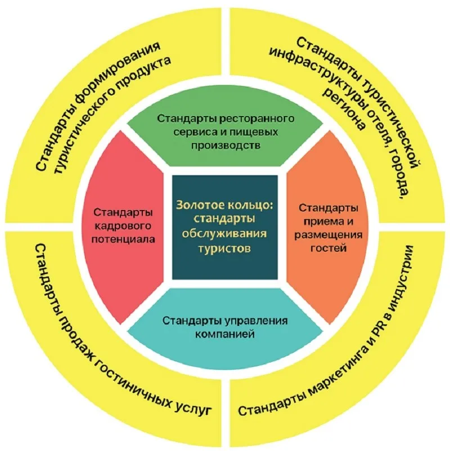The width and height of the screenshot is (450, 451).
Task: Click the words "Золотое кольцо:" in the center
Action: tap(224, 206)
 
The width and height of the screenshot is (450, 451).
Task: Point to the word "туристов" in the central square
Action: tap(225, 247)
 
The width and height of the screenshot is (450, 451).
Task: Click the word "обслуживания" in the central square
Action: tap(225, 233)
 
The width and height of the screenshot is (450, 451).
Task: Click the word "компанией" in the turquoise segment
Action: tap(225, 334)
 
